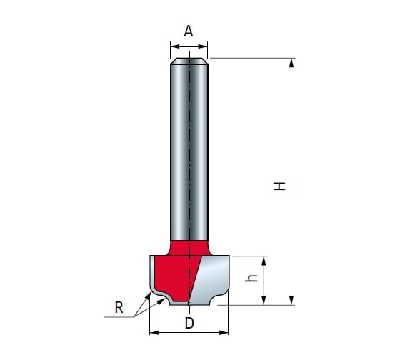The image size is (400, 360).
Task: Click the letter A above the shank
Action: click(189, 31)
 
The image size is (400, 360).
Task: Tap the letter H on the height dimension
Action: click(279, 186)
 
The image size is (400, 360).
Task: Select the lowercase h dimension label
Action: click(251, 279)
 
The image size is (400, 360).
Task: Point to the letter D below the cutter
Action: click(189, 324)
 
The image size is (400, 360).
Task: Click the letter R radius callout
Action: click(119, 307)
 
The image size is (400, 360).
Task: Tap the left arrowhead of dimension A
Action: click(175, 46)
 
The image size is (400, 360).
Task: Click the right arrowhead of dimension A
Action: click(203, 46)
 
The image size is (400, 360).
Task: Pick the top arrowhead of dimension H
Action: click(291, 63)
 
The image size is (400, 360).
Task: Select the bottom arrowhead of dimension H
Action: click(291, 300)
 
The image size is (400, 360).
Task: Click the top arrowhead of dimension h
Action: click(264, 261)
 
